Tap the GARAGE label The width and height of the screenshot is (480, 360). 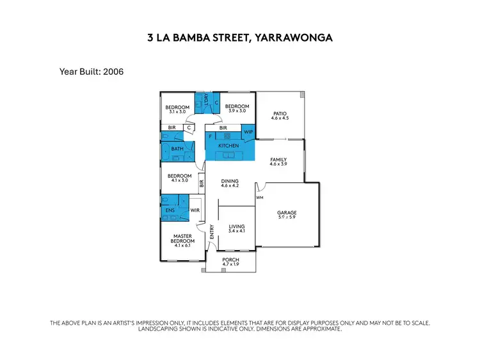pyautogui.click(x=287, y=213)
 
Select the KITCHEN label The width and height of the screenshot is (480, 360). pyautogui.click(x=228, y=146)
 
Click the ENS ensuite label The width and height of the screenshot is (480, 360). pyautogui.click(x=170, y=209)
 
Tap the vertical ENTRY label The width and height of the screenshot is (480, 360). pyautogui.click(x=212, y=232)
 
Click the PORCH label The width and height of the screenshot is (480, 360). pyautogui.click(x=230, y=260)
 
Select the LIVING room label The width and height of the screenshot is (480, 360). pyautogui.click(x=237, y=226)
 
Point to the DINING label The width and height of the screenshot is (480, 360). pyautogui.click(x=230, y=181)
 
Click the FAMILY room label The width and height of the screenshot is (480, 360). pyautogui.click(x=278, y=160)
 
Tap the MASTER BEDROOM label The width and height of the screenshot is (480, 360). pyautogui.click(x=183, y=239)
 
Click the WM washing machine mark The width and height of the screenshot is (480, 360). pyautogui.click(x=259, y=198)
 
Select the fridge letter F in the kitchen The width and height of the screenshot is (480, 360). pyautogui.click(x=211, y=136)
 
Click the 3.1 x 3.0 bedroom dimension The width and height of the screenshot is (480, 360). pyautogui.click(x=177, y=112)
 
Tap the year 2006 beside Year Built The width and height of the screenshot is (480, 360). pyautogui.click(x=110, y=72)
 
